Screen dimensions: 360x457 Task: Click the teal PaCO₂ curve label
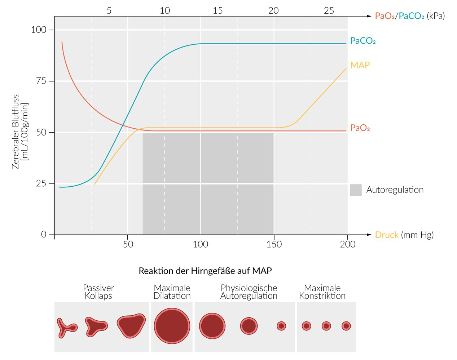coord(362,41)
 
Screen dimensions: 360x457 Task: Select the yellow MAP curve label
coord(360,65)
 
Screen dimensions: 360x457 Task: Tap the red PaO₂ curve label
coord(360,128)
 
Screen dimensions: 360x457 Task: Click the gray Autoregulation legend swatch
coord(356,190)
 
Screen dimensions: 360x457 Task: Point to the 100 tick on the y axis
coord(39,30)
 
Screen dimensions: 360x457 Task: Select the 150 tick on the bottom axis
coord(274,244)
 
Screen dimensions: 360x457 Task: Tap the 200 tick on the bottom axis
coord(347,244)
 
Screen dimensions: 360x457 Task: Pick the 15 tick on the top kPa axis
coord(217,11)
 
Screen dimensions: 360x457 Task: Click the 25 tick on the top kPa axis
coord(329,11)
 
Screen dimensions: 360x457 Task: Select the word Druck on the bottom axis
coord(387,235)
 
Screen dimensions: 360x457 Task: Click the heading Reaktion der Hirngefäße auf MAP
coord(205,271)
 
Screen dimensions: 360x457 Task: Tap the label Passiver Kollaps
coord(98,292)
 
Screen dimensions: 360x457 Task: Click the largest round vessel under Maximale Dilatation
coord(172,326)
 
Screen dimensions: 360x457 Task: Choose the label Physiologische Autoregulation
coord(249,292)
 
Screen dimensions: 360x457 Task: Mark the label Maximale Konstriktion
coord(322,292)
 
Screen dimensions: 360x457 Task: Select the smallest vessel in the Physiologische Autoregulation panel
coord(281,326)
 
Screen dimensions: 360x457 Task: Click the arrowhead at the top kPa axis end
coord(369,16)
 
